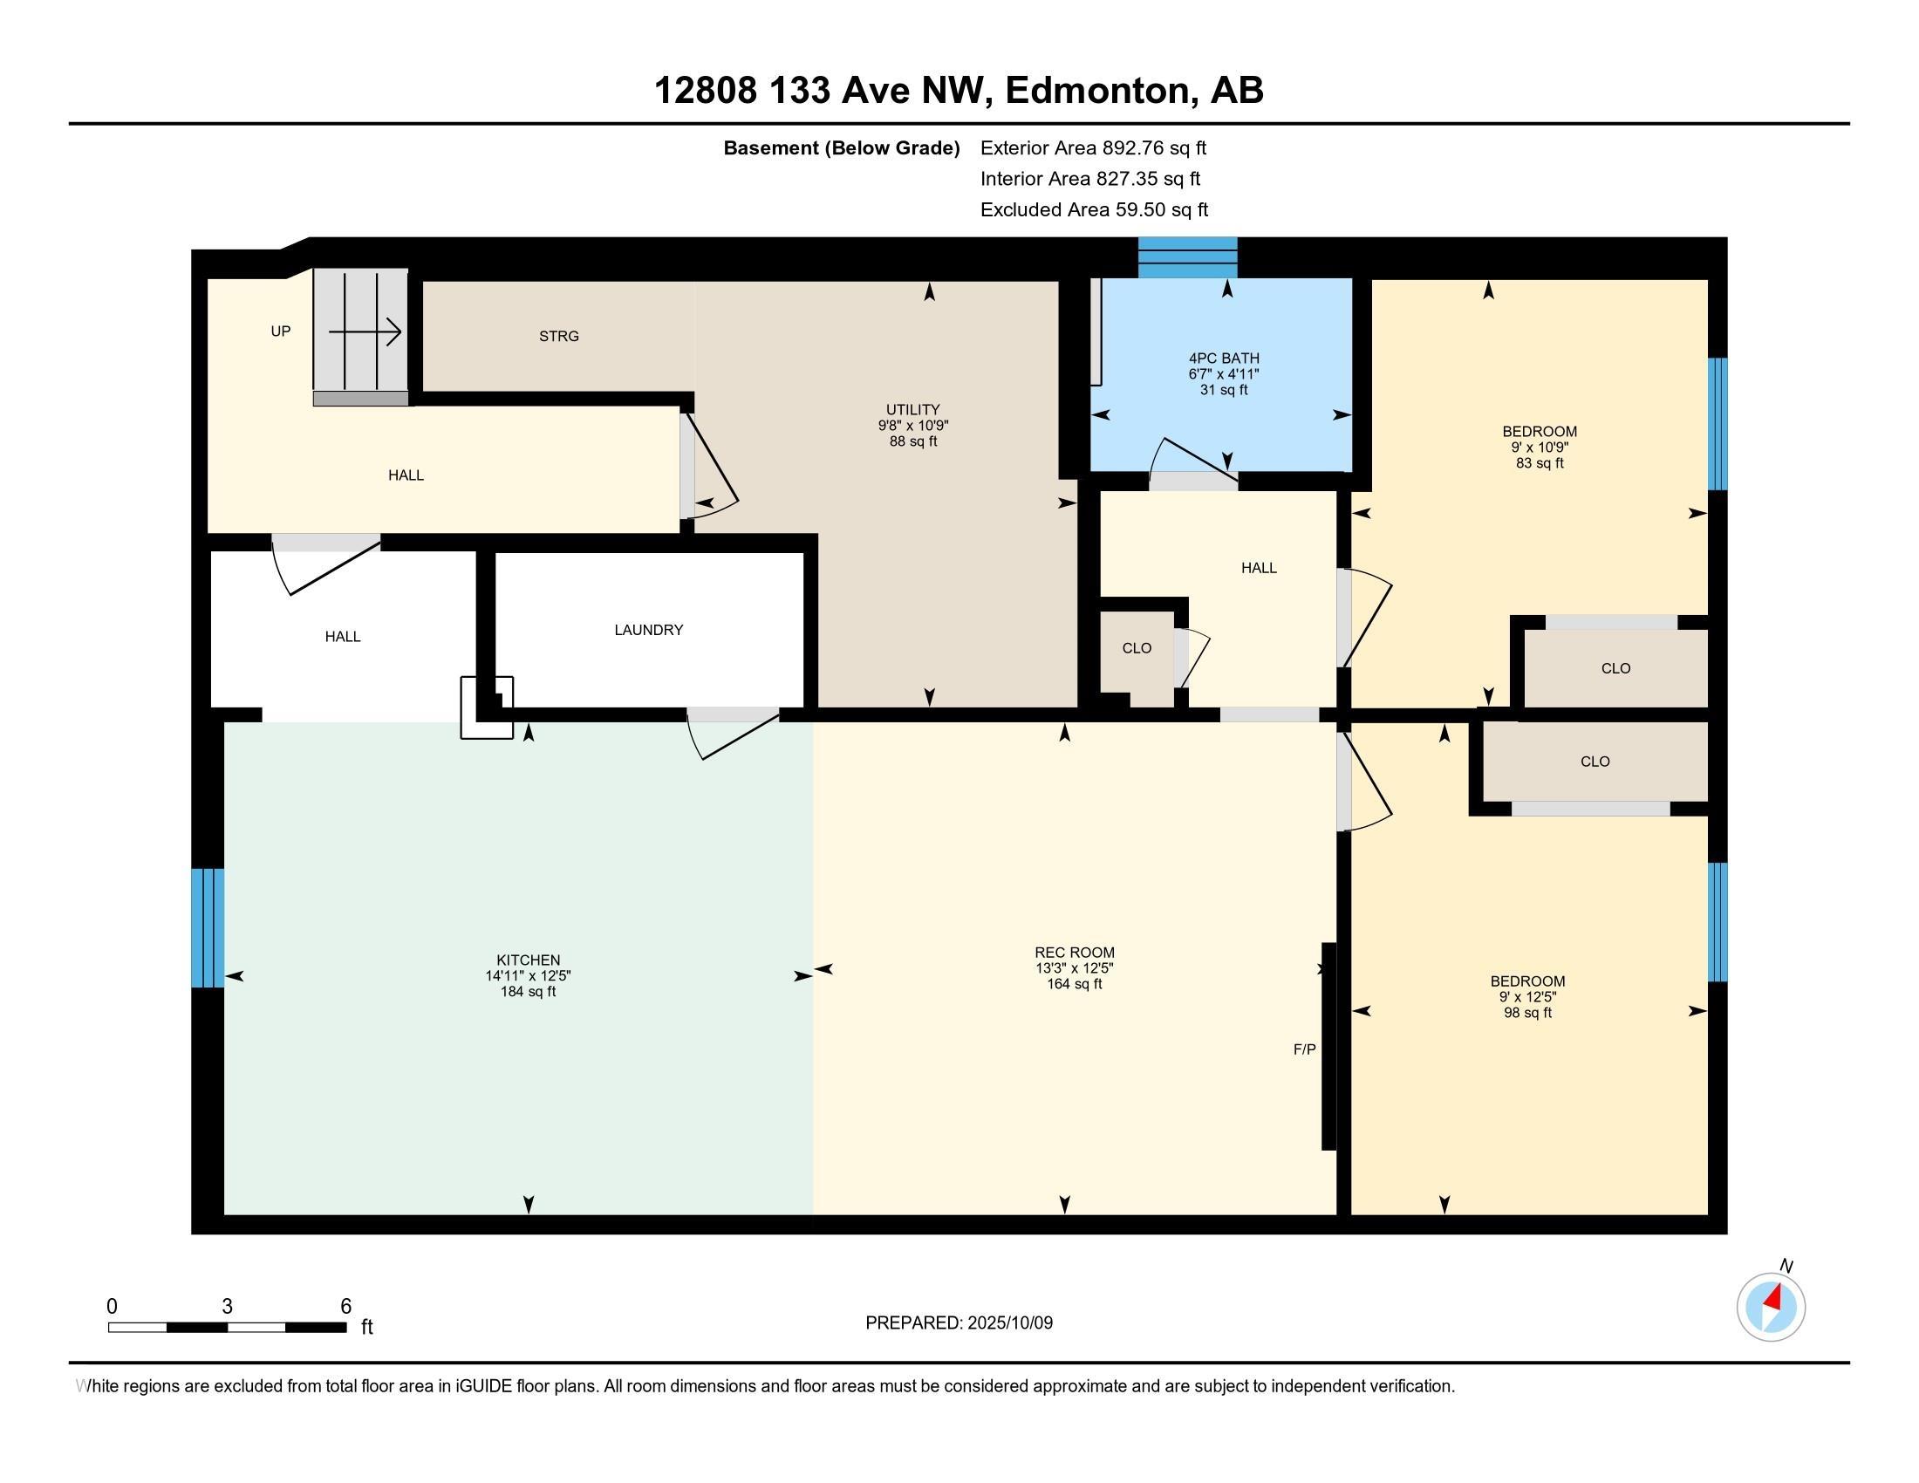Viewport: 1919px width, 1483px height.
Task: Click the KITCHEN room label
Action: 528,960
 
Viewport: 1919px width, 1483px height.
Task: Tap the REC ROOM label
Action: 1074,953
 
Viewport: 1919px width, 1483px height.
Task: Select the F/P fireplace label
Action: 1304,1049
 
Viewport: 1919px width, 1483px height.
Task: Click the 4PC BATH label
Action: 1224,359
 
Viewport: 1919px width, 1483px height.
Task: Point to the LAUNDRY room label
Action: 648,630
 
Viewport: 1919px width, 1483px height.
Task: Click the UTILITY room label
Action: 913,409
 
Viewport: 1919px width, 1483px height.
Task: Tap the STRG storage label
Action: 559,336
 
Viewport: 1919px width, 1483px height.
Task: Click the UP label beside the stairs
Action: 280,331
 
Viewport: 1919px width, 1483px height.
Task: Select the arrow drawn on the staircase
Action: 365,333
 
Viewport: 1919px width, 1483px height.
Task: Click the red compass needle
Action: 1774,1298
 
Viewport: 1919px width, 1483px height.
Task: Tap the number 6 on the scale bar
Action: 346,1306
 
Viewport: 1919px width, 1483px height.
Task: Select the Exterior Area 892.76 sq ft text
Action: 1093,147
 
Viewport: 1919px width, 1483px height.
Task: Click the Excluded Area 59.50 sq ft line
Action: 1094,209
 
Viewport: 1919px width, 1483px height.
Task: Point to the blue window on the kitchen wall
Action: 208,928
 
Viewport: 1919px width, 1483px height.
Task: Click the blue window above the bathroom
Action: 1188,257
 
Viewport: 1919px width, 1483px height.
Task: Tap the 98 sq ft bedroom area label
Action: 1527,1013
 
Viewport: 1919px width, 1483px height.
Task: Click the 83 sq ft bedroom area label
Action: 1540,463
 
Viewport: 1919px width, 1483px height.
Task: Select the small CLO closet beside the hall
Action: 1137,648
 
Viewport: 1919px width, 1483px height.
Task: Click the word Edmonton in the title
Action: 1098,90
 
